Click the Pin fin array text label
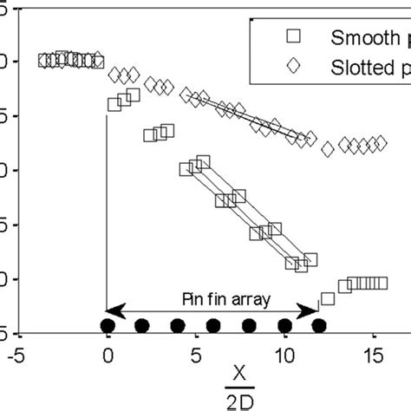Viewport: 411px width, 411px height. pos(213,298)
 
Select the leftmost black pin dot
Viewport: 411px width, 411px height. pos(107,326)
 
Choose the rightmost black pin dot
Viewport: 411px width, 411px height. pos(319,326)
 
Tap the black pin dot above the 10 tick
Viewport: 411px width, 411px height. pos(284,326)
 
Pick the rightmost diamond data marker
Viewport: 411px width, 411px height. pos(381,142)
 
